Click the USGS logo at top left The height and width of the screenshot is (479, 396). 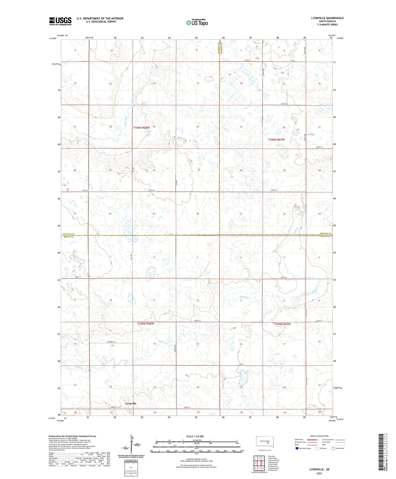coord(60,21)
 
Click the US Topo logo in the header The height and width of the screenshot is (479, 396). coord(197,22)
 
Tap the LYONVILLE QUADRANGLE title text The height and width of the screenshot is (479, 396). coord(327,18)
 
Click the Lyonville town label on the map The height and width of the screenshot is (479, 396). coord(131,404)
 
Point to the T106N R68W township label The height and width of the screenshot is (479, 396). coord(141,128)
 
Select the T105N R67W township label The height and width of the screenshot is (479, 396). coord(282,324)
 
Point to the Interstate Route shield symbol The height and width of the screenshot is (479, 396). coord(297,448)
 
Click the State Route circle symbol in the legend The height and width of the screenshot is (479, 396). coord(333,448)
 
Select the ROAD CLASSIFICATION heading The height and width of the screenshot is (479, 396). coord(319,436)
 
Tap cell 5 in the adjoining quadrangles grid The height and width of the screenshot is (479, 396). coord(263,463)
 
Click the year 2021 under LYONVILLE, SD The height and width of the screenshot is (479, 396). coord(319,474)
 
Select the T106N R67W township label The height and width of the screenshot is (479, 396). coord(276,140)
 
